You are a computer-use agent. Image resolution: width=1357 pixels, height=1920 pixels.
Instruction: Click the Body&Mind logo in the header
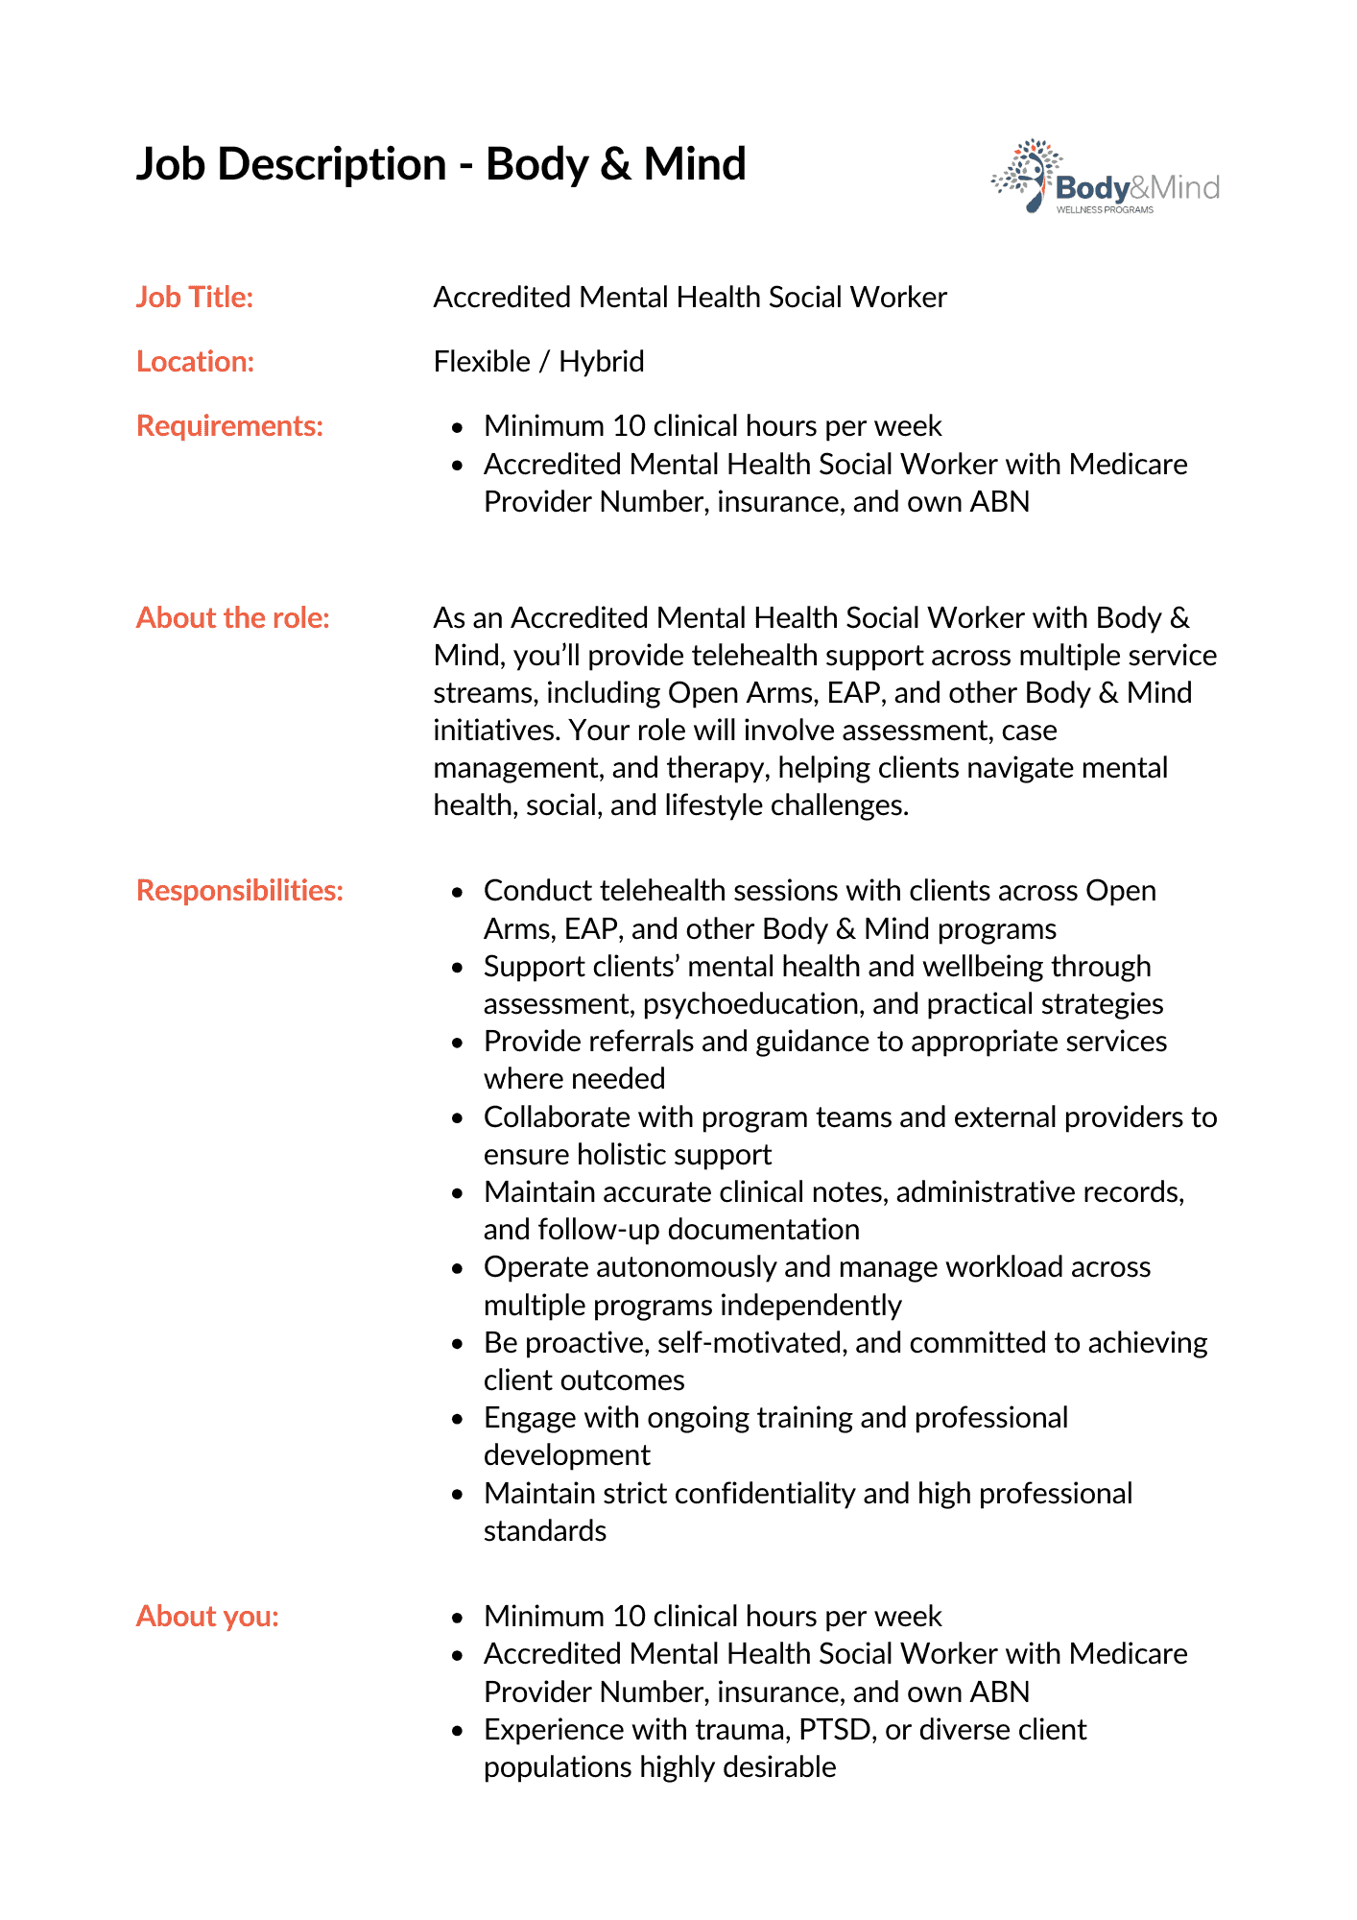[1105, 178]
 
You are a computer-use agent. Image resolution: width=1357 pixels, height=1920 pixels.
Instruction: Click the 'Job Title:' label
[195, 298]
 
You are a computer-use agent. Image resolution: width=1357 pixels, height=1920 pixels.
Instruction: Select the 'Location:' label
[196, 362]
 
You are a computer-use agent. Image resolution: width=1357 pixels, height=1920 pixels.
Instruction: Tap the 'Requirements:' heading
[230, 426]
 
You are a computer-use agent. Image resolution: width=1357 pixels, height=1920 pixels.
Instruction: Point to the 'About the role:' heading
[233, 618]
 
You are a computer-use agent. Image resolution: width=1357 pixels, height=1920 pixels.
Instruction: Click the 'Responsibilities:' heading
[240, 891]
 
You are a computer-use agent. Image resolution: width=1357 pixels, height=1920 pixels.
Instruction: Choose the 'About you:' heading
[207, 1617]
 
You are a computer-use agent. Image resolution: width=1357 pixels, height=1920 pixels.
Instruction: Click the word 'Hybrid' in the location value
[602, 362]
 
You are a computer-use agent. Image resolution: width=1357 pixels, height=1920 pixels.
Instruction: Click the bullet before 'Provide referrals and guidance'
[458, 1043]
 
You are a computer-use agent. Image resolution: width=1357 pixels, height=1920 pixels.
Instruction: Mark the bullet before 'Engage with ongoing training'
[458, 1419]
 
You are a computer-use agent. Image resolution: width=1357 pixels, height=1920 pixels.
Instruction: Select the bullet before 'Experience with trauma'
[458, 1731]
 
